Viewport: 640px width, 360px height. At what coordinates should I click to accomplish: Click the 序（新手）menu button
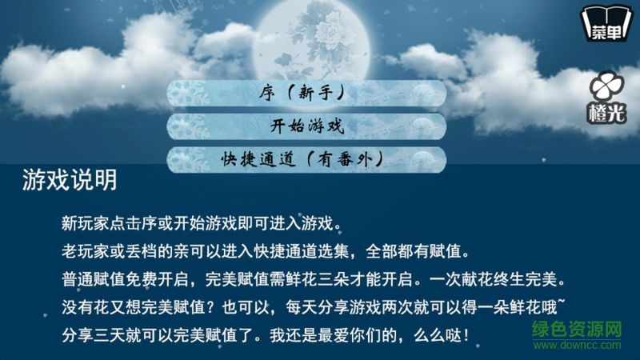click(x=306, y=92)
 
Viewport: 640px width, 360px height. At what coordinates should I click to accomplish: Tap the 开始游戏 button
click(x=306, y=126)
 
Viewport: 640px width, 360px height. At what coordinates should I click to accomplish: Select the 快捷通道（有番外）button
click(x=306, y=158)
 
